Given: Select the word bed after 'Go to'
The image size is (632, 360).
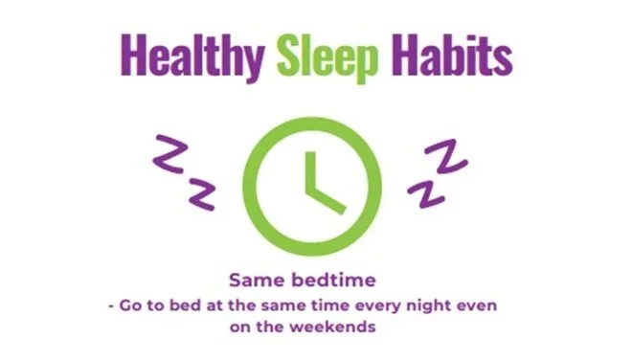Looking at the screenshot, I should coord(181,305).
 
